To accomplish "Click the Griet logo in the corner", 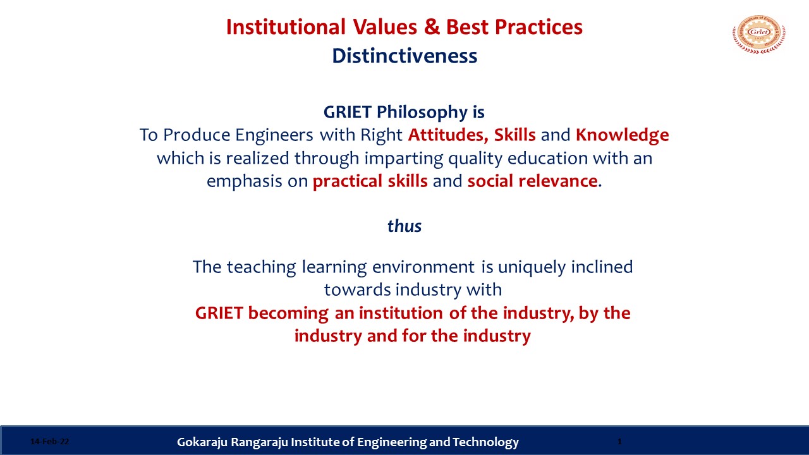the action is [759, 34].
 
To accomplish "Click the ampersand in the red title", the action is [432, 27].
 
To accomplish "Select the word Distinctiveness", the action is [404, 56].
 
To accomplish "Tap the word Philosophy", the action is [422, 112].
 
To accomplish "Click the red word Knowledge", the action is [623, 135].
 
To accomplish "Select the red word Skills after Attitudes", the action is [514, 135].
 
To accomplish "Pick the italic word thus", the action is [404, 226].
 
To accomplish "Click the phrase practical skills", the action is [370, 181].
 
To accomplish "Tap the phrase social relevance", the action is [532, 181].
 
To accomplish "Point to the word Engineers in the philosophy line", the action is [274, 135].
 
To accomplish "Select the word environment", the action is [423, 267].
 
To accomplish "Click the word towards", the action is [357, 290].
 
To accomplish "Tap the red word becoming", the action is [288, 313].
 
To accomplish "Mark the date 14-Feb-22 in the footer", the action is [49, 441].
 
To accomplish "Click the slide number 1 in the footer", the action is [619, 441].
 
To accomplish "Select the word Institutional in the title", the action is [286, 27].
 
